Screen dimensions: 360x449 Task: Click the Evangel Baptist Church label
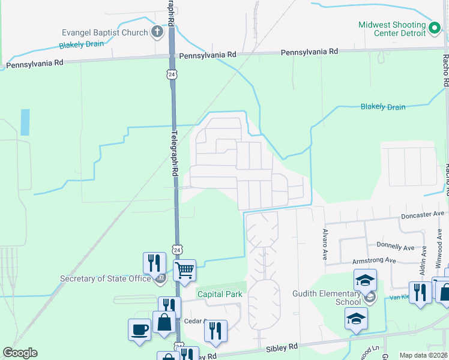105,32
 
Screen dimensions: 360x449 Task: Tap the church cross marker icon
157,32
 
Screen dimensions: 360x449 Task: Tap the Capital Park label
219,294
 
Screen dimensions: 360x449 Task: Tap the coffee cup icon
139,329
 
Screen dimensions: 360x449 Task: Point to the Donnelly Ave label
395,245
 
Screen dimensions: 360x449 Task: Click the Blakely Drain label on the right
382,107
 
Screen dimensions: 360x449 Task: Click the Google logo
20,353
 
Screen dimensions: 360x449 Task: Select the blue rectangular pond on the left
25,122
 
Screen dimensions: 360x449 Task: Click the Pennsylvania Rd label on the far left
34,62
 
